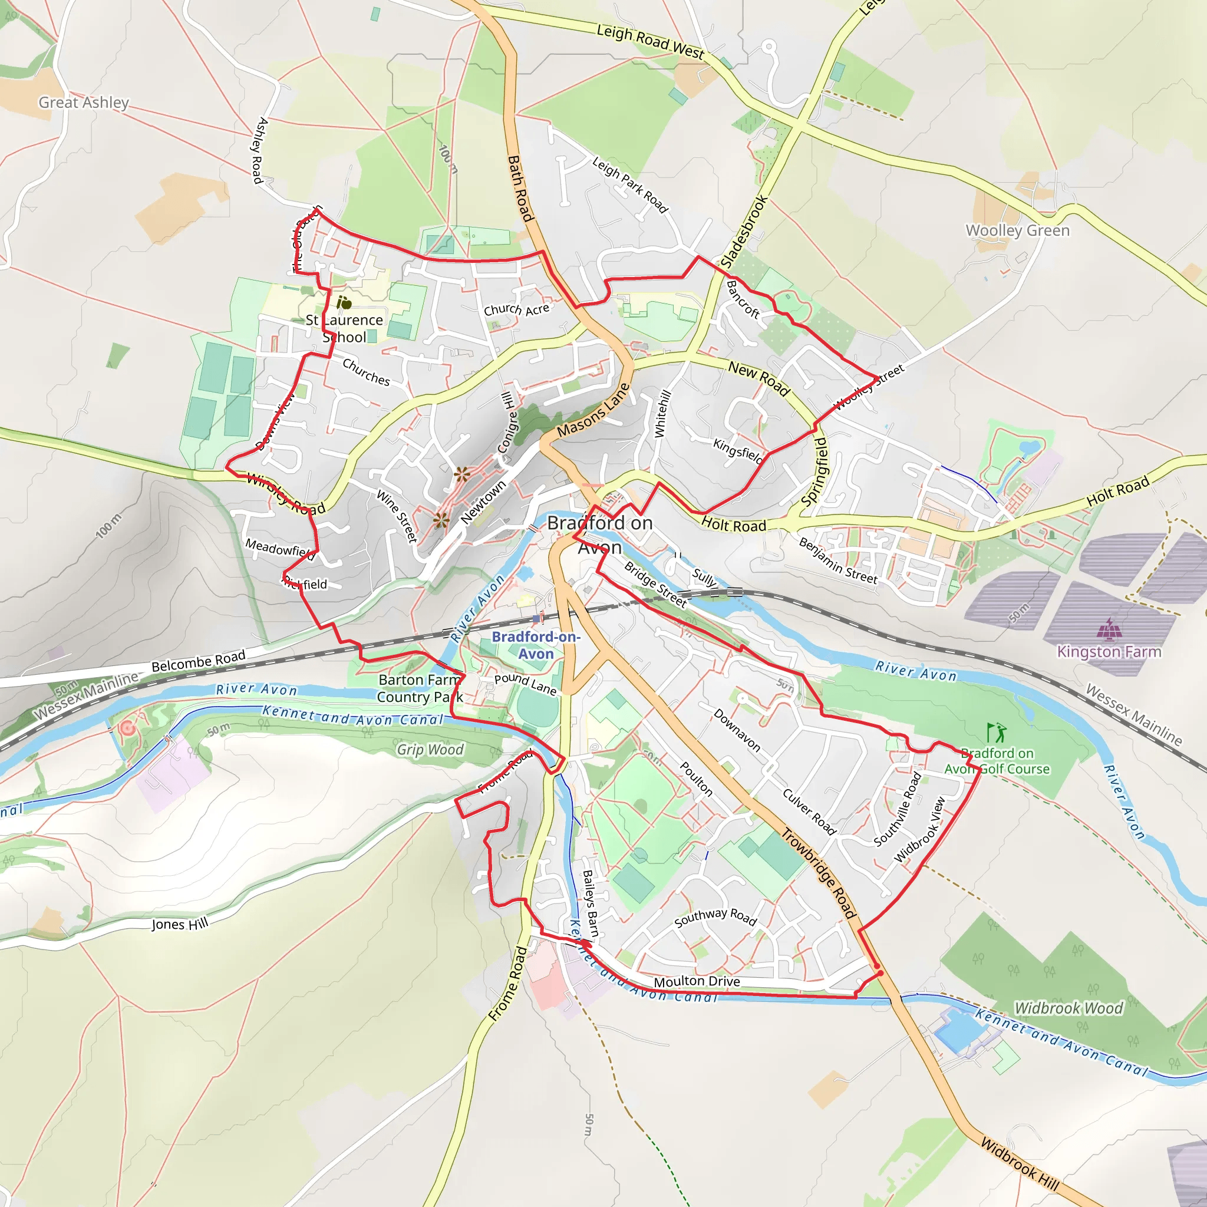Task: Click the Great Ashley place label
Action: click(x=84, y=103)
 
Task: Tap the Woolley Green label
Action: click(x=1017, y=230)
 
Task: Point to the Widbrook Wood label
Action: click(x=1069, y=1008)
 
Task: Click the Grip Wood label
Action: click(x=430, y=749)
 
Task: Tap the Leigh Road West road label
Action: click(x=649, y=41)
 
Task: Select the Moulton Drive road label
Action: click(x=697, y=981)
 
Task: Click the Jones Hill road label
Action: click(x=179, y=924)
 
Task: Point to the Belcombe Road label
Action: click(x=198, y=661)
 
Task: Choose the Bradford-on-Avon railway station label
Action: click(x=536, y=645)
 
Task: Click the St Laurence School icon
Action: click(x=344, y=303)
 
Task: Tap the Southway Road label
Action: click(x=715, y=917)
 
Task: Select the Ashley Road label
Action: click(x=259, y=150)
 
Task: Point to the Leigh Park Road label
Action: click(x=630, y=185)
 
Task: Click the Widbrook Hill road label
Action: click(x=1020, y=1163)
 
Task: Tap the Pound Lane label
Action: click(x=525, y=684)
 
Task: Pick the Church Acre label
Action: click(x=516, y=309)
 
